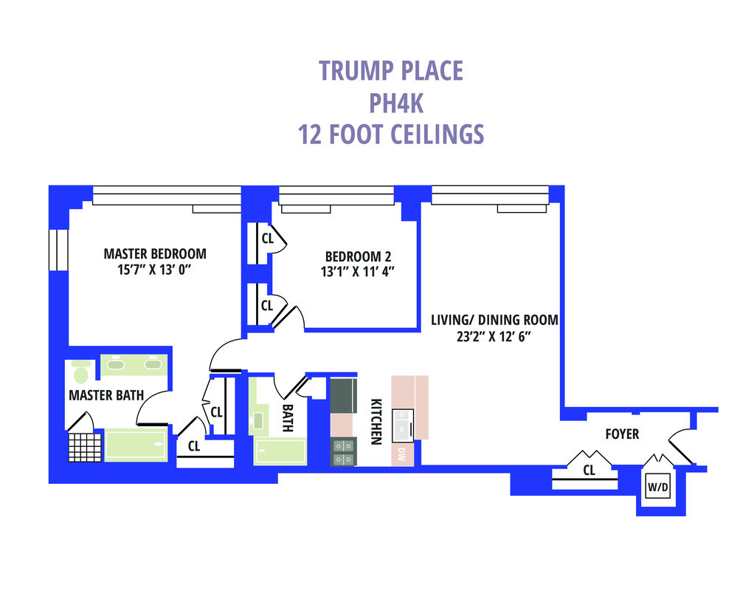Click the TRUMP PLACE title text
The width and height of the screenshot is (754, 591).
391,70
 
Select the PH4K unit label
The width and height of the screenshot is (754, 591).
396,103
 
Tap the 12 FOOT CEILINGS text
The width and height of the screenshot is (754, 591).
391,135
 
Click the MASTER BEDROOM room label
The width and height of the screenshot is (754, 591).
155,253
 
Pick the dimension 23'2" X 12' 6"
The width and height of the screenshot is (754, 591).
493,336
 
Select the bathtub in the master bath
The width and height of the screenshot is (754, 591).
136,445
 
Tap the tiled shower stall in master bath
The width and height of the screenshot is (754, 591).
84,447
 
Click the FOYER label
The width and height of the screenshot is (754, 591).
622,434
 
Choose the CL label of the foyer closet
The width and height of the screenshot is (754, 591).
589,470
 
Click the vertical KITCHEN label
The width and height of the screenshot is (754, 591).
376,422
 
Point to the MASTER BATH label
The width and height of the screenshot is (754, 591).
106,395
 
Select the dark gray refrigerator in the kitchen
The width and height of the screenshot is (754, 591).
343,395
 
